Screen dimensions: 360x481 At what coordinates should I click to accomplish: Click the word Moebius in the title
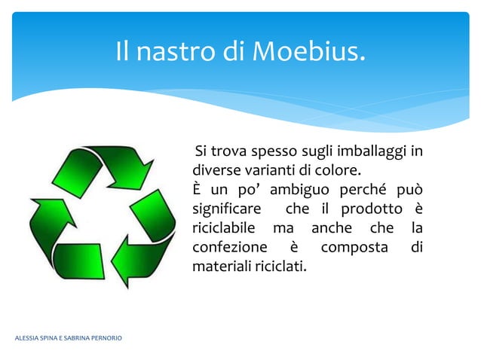pos(308,51)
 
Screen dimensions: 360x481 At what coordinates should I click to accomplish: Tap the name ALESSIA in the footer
pos(28,337)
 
